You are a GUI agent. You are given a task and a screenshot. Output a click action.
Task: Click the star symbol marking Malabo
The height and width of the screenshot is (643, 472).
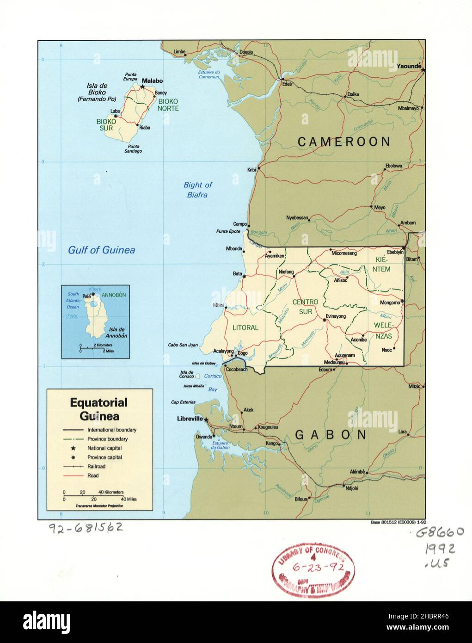click(x=143, y=87)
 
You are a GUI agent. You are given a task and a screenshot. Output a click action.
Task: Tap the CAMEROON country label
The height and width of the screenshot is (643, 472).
click(x=344, y=142)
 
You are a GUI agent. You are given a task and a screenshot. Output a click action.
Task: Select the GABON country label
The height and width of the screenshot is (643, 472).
click(x=331, y=435)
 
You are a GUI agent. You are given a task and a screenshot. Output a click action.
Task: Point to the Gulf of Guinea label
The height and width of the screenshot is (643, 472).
click(x=102, y=250)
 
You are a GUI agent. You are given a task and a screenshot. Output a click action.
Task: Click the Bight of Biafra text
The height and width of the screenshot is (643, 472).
click(x=197, y=190)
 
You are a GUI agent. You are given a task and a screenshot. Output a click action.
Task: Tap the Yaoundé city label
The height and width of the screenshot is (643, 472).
click(x=409, y=67)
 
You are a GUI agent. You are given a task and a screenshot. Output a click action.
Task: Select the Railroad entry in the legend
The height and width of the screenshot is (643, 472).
click(x=96, y=466)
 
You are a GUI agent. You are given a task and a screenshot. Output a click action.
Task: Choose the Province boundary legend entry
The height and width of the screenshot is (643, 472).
click(x=107, y=439)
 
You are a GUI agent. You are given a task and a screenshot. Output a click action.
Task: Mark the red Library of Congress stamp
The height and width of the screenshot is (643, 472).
click(x=313, y=569)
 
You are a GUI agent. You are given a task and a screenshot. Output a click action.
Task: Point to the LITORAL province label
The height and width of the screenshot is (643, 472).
click(x=245, y=328)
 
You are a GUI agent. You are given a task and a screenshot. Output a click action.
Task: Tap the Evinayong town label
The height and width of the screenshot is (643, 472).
click(x=336, y=316)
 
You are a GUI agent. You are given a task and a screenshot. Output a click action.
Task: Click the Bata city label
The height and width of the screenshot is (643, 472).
click(x=237, y=274)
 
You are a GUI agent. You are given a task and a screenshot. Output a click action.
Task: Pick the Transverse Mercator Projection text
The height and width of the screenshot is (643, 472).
click(x=99, y=506)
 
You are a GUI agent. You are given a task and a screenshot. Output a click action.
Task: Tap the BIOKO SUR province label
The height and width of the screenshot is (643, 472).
click(x=106, y=124)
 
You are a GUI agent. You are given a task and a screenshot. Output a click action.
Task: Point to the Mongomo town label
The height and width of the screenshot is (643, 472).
click(x=389, y=303)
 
